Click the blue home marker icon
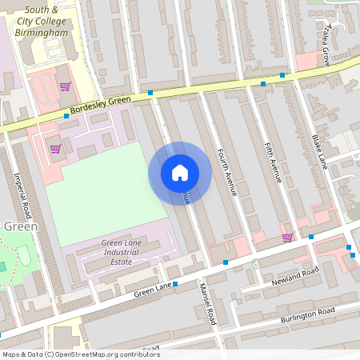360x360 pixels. coord(180,173)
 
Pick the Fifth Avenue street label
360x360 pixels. coord(273,163)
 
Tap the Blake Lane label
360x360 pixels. coord(320,152)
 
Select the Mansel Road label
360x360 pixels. coord(208,303)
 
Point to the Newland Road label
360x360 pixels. coord(294,278)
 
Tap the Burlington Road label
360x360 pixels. coord(307,314)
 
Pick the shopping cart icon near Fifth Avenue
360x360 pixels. coord(286,238)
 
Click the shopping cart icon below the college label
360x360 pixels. coord(65,86)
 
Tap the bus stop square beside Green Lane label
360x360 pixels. coord(175,283)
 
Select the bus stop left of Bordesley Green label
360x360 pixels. coord(66,116)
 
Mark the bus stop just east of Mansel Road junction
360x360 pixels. coord(226,262)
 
